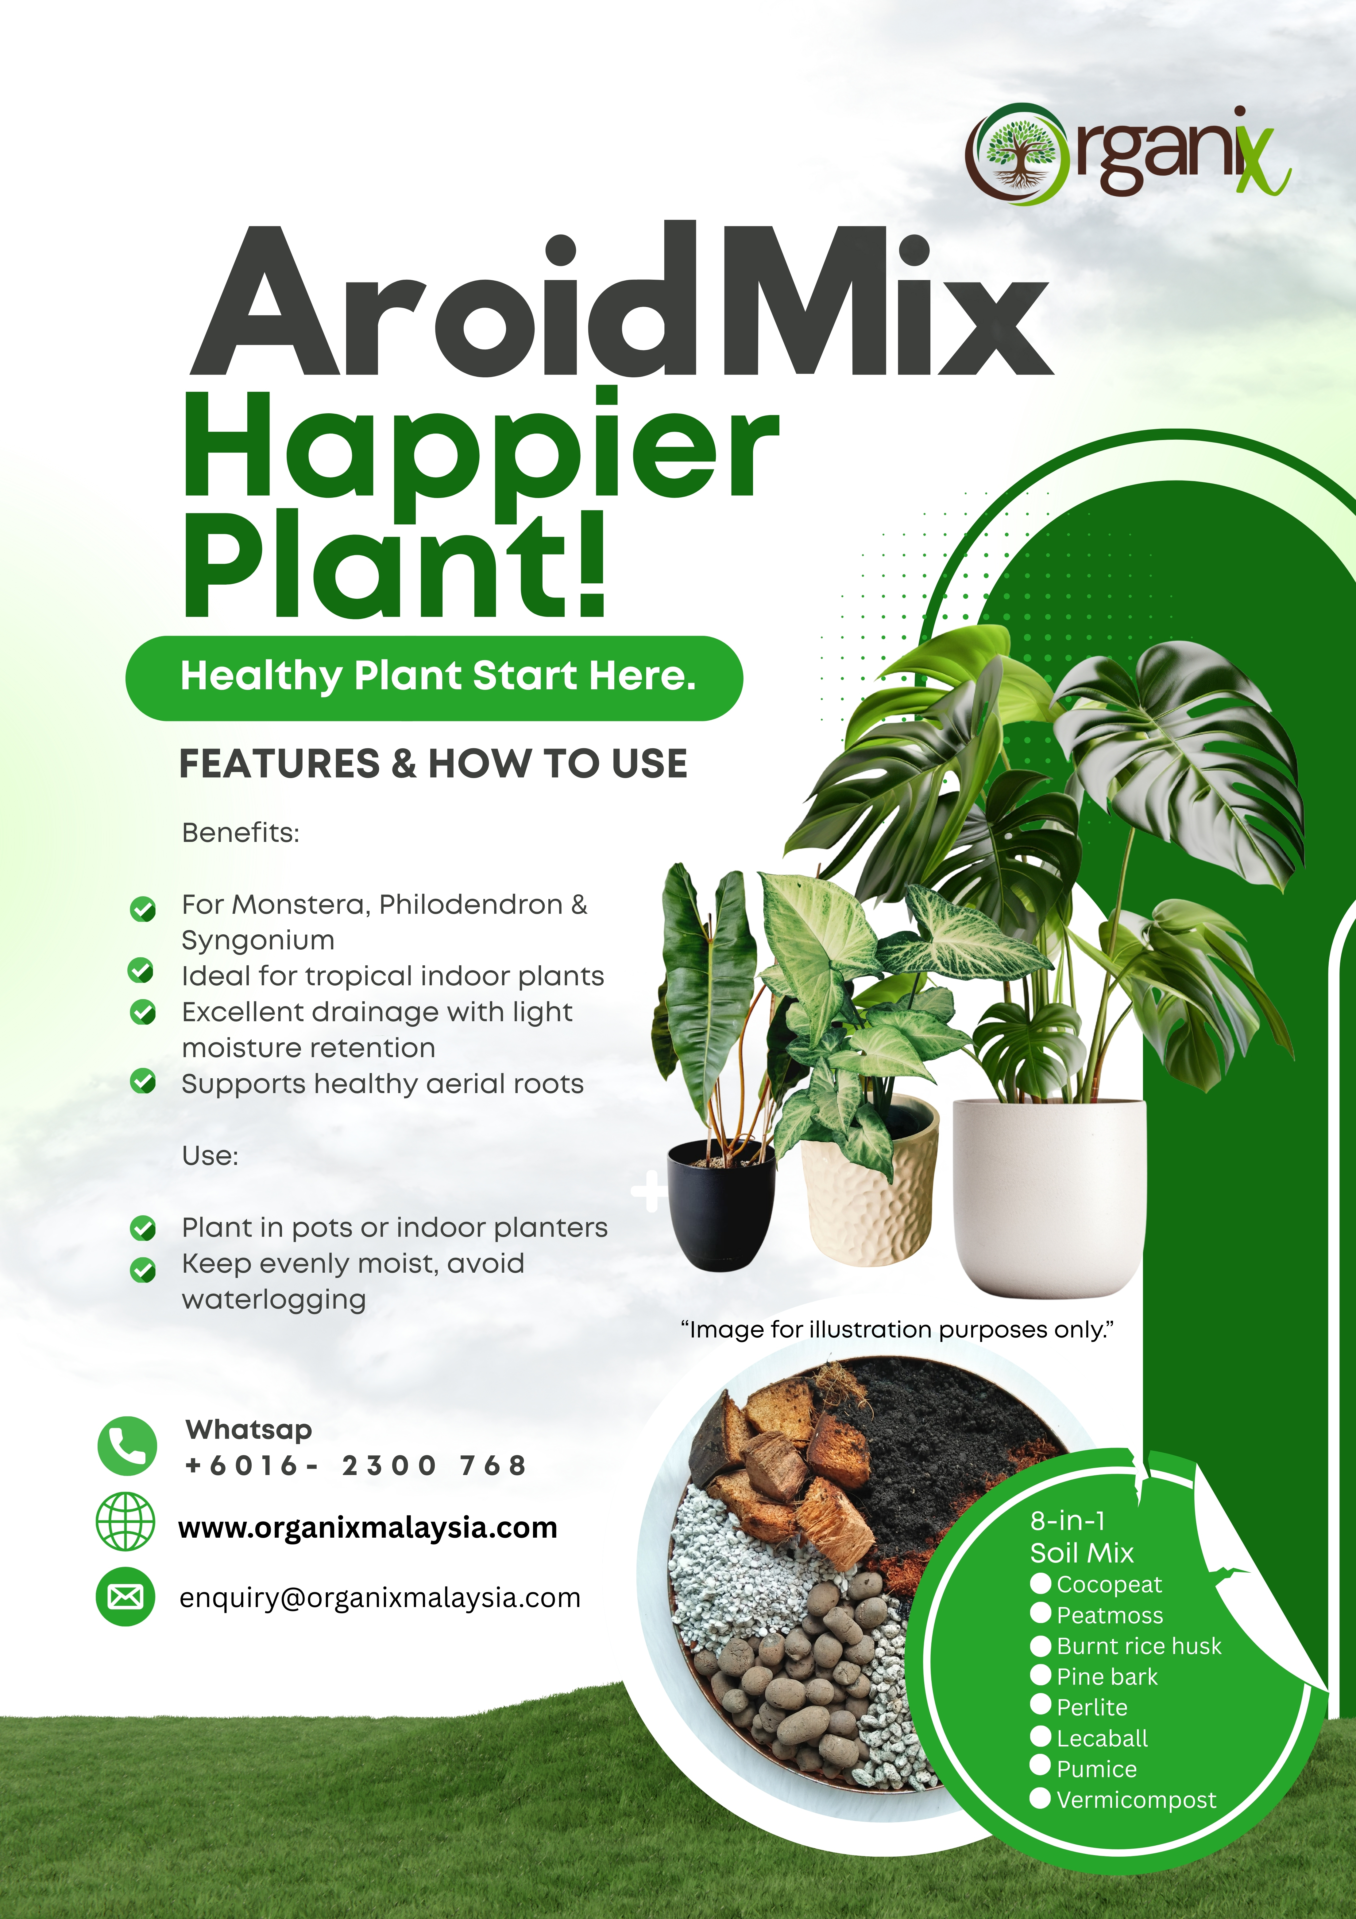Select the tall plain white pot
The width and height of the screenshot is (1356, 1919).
coord(1049,1195)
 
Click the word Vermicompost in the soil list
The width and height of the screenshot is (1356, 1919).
coord(1136,1800)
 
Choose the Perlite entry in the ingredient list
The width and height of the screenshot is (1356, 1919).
coord(1092,1707)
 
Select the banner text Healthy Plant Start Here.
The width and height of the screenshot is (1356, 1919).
coord(438,675)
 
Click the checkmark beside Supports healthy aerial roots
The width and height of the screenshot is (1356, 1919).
coord(143,1081)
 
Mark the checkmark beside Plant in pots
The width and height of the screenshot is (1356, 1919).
coord(143,1228)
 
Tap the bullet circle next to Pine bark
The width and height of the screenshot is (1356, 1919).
coord(1040,1675)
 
